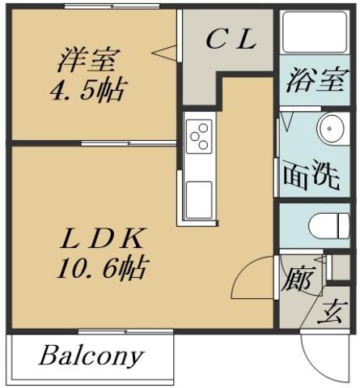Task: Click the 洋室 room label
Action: tap(88, 60)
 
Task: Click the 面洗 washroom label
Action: tap(311, 176)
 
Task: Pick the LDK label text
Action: tap(104, 239)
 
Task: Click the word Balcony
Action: tap(90, 355)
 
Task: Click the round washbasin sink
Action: tap(332, 129)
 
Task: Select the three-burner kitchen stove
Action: tap(198, 135)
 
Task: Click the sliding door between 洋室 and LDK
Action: tap(129, 143)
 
